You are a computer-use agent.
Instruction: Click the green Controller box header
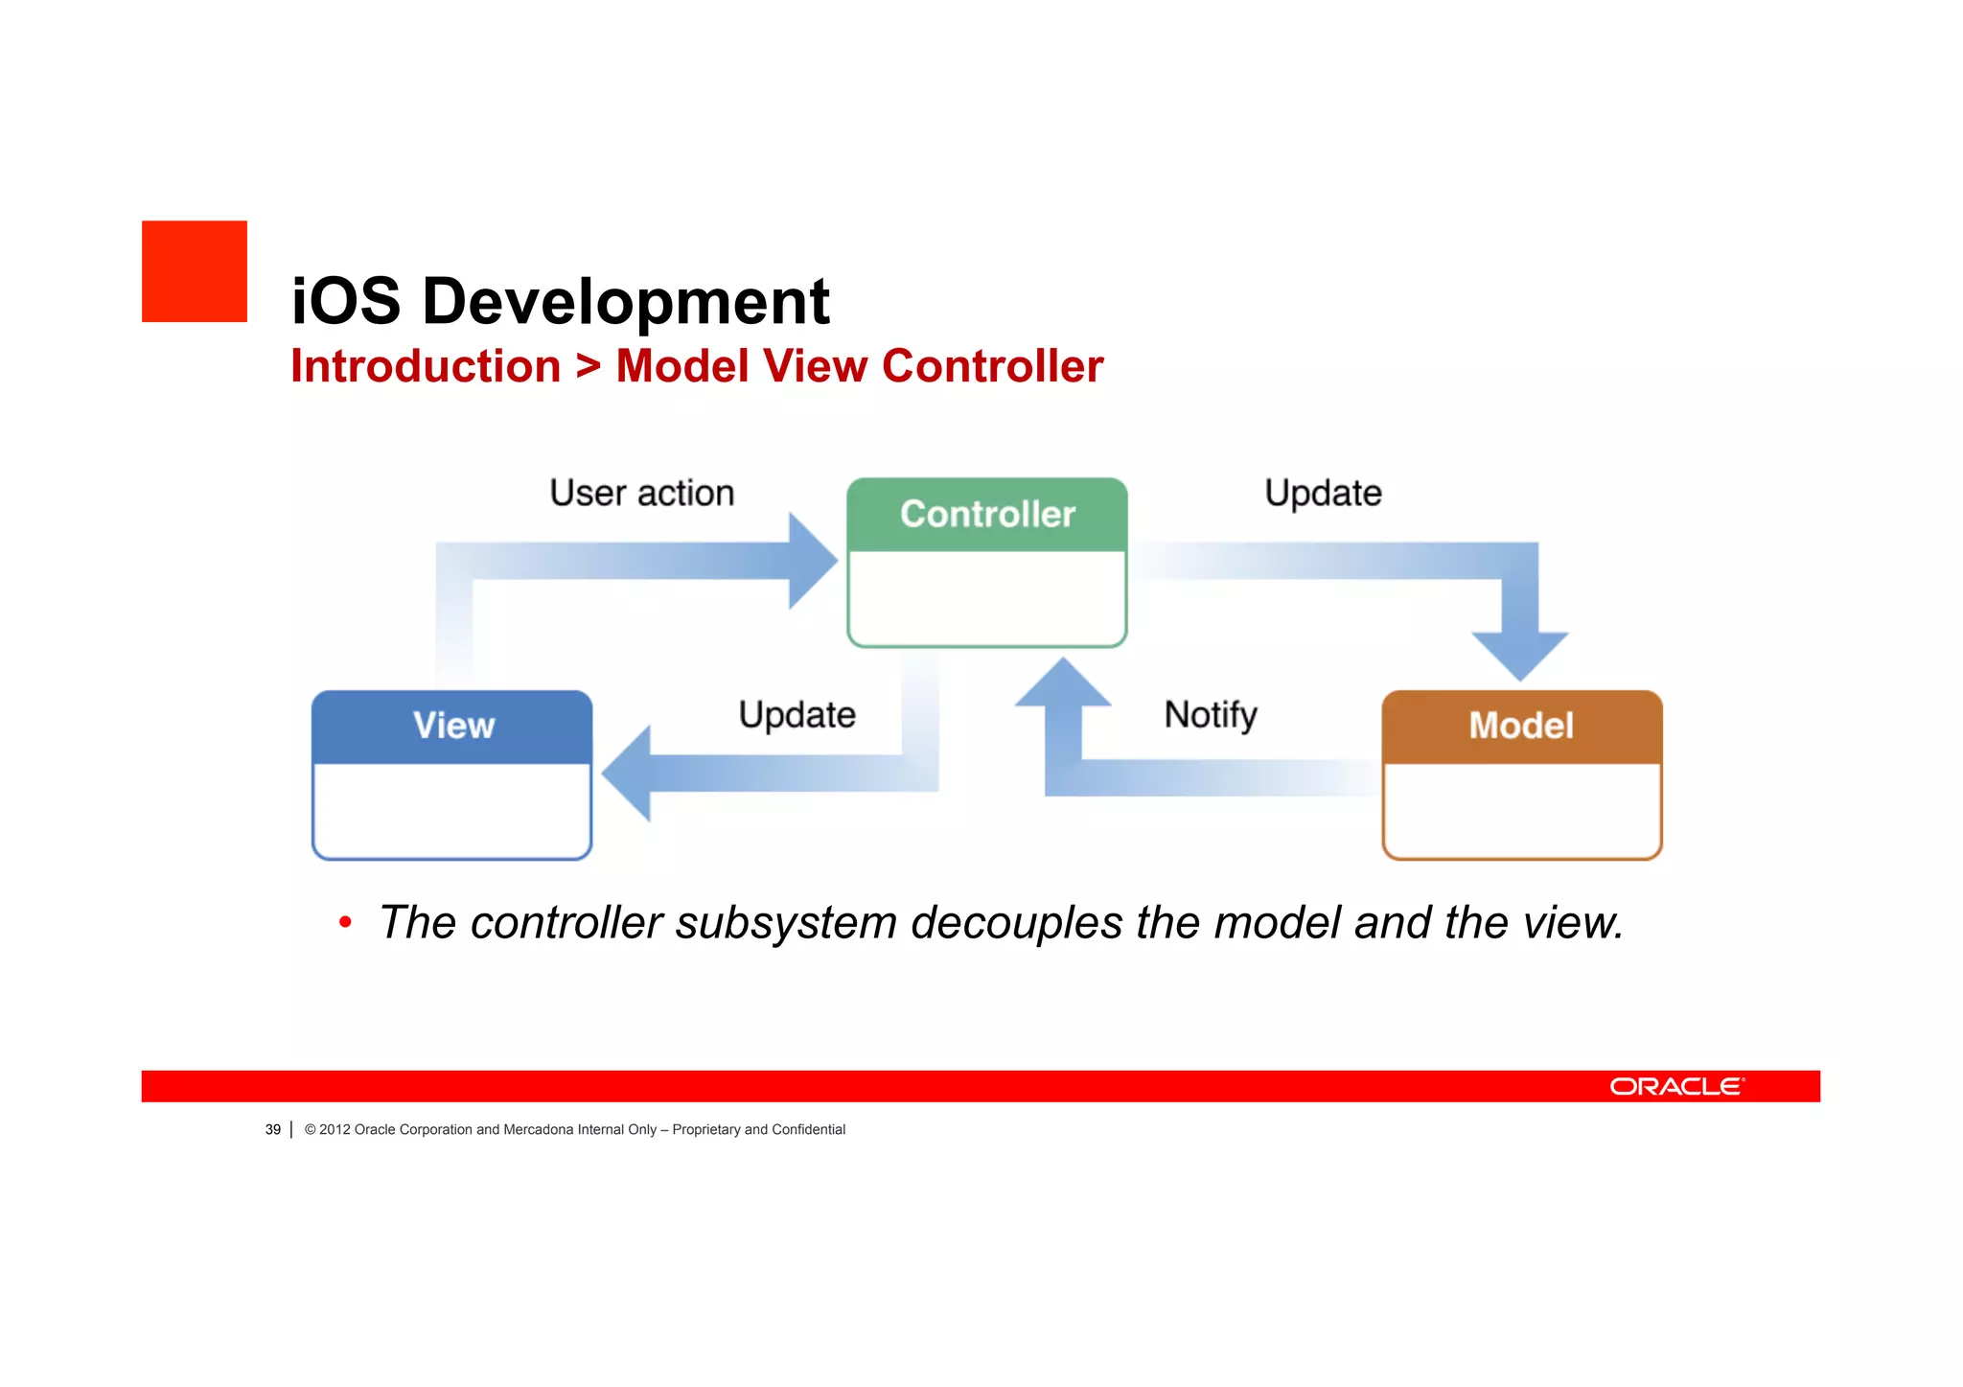tap(987, 515)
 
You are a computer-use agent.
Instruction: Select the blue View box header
tap(452, 726)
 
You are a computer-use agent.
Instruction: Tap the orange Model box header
tap(1521, 726)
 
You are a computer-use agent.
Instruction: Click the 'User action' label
tap(641, 493)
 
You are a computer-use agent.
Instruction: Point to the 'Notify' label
tap(1211, 714)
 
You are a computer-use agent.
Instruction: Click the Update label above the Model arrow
tap(1323, 493)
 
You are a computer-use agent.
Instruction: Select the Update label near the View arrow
tap(797, 715)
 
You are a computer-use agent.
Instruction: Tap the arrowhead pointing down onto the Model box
tap(1520, 656)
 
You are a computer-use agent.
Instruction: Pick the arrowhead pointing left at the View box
tap(628, 773)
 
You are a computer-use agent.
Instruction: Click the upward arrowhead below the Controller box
tap(1062, 683)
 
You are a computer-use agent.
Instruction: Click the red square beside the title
tap(195, 271)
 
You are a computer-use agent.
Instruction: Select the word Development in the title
tap(625, 301)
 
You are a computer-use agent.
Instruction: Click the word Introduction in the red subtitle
tap(426, 366)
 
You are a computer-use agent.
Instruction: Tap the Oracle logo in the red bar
tap(1676, 1086)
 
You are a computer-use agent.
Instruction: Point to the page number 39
tap(273, 1130)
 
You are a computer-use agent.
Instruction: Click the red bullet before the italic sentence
tap(345, 923)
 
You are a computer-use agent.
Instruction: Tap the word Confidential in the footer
tap(808, 1130)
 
